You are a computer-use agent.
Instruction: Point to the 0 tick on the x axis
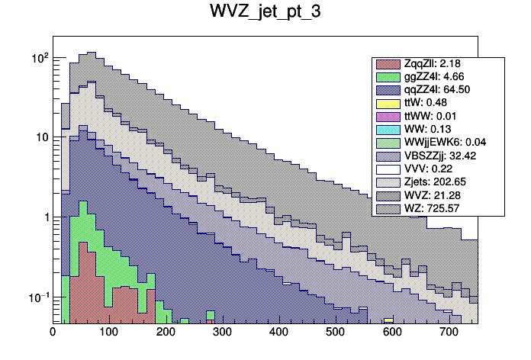pyautogui.click(x=53, y=332)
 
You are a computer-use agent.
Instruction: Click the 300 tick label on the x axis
pyautogui.click(x=222, y=332)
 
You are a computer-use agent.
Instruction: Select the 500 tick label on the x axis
pyautogui.click(x=335, y=332)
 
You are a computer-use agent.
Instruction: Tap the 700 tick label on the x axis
pyautogui.click(x=449, y=332)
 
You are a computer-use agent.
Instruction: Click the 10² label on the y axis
pyautogui.click(x=39, y=58)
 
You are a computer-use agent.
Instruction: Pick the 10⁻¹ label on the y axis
pyautogui.click(x=37, y=297)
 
